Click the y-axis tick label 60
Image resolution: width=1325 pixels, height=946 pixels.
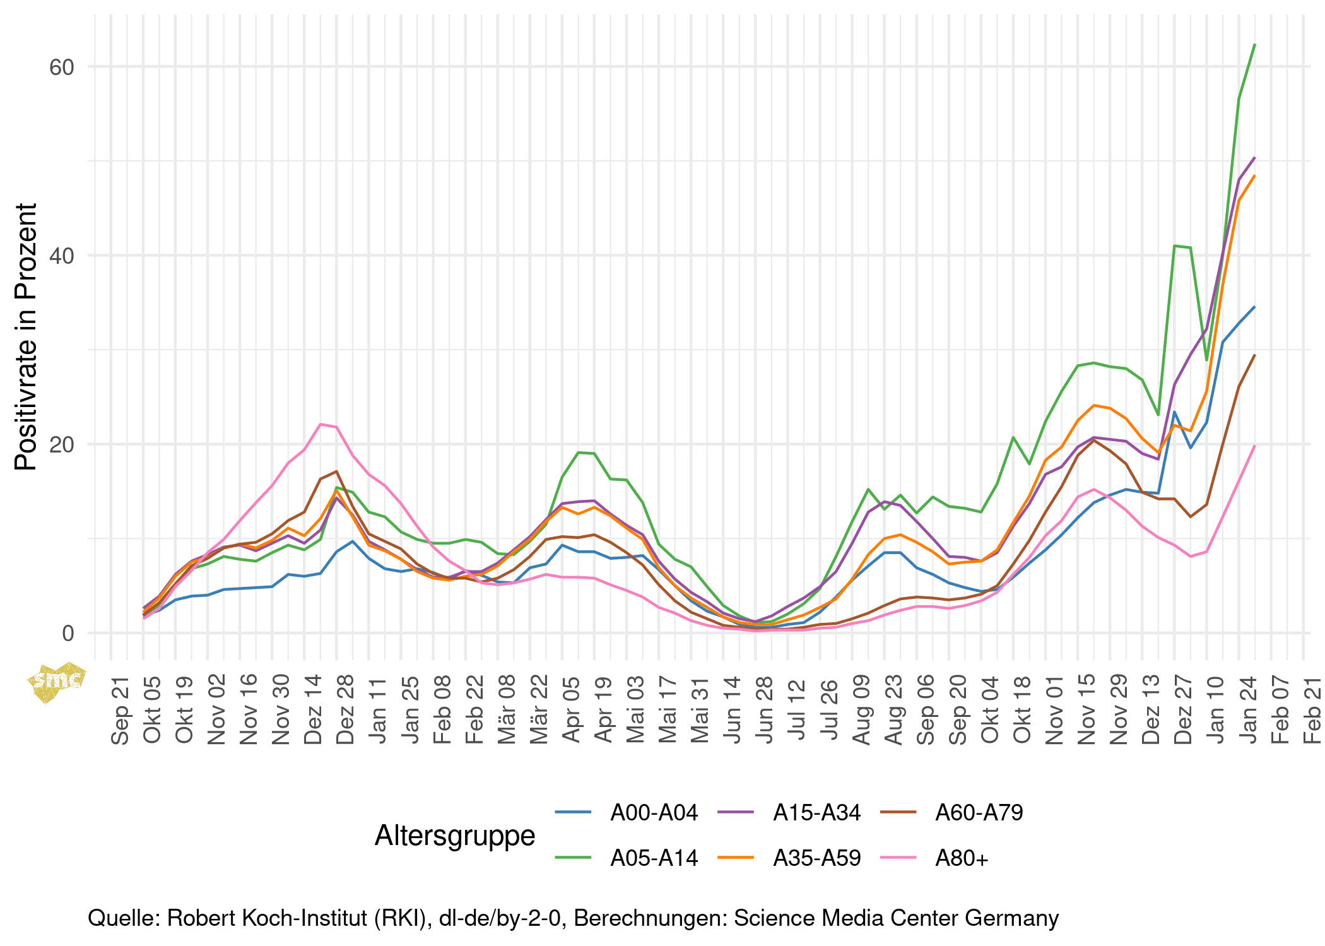click(x=62, y=68)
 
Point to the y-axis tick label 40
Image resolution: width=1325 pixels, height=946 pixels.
click(x=62, y=256)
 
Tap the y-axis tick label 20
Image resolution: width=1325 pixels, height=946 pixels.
click(x=62, y=445)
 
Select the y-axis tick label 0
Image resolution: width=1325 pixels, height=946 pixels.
click(x=68, y=634)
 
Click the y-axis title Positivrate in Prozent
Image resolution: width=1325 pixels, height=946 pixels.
click(x=26, y=337)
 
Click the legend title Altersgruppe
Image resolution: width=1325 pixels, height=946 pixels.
click(x=455, y=836)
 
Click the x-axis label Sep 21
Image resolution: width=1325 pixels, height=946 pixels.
click(x=120, y=711)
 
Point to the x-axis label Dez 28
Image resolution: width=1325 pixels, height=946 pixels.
click(x=345, y=711)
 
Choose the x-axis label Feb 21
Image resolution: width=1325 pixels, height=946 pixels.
click(x=1312, y=711)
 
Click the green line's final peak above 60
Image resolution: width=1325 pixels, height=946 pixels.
click(x=1254, y=45)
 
